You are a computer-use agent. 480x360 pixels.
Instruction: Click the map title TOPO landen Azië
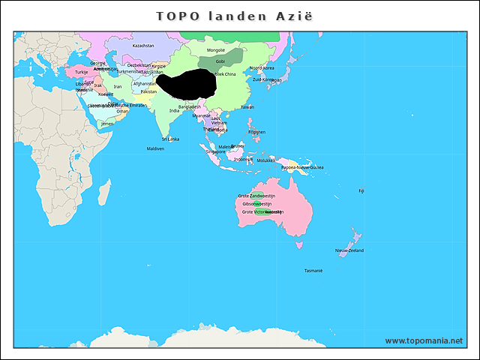point(235,16)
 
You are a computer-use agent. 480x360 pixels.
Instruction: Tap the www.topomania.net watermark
point(424,340)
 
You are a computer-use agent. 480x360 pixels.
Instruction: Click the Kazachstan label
point(142,46)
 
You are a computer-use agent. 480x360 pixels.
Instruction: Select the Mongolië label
point(215,50)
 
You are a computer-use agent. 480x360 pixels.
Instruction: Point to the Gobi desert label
point(220,61)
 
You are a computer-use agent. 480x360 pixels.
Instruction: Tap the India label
point(174,110)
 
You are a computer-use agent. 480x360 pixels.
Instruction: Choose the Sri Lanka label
point(170,139)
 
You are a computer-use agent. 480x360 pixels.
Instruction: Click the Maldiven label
point(155,148)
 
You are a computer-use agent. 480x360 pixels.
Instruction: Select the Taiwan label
point(247,107)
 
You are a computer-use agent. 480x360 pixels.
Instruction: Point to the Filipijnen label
point(256,132)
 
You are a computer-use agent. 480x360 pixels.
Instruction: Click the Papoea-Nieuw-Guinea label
point(302,167)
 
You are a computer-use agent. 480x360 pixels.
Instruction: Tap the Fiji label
point(361,190)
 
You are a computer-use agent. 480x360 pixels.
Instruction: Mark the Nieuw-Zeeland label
point(349,250)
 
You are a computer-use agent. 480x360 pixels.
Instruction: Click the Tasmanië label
point(313,270)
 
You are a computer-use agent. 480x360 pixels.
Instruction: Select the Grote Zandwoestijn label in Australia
point(256,196)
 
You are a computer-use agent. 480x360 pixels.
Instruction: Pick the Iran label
point(118,87)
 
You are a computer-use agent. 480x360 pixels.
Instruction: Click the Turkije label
point(82,72)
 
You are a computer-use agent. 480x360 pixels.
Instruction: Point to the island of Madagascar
point(104,192)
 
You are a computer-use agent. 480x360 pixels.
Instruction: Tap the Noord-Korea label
point(261,68)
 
